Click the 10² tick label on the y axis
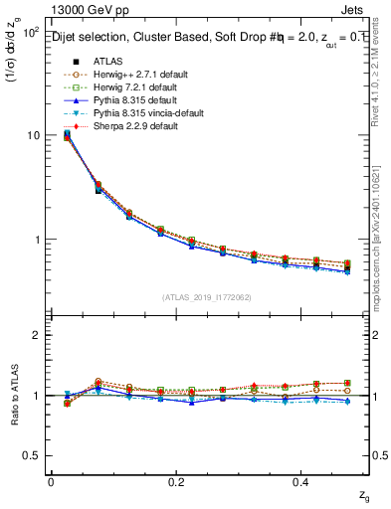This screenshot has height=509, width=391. coord(30,31)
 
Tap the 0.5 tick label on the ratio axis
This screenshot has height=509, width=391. coord(30,455)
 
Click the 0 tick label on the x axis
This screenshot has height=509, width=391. coord(51,482)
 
